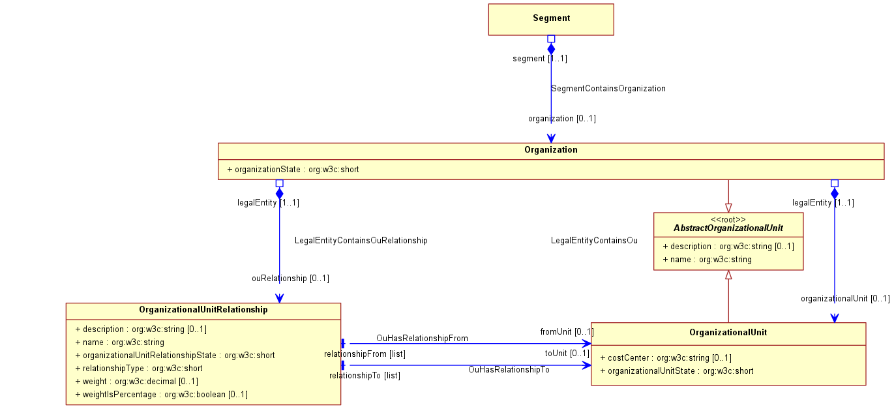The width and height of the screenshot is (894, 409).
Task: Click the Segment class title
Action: (551, 18)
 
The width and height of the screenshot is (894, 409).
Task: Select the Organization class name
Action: (551, 150)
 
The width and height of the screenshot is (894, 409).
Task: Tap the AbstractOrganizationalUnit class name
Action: (728, 228)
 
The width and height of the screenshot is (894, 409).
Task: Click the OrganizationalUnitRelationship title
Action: (203, 310)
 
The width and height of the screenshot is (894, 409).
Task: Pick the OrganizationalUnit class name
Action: (728, 332)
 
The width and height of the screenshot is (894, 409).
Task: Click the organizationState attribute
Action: (293, 170)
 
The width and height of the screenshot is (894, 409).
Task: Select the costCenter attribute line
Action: (666, 358)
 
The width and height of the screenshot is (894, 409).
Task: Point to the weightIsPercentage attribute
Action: (161, 395)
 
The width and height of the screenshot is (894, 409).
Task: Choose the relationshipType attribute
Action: (139, 369)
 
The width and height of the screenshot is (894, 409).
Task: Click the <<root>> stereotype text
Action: (728, 220)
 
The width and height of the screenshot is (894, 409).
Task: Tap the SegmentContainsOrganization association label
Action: (608, 89)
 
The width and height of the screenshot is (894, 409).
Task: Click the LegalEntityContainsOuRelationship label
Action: (361, 241)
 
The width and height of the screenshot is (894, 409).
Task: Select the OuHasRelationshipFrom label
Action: (422, 339)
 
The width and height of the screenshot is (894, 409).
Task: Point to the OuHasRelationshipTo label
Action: (509, 370)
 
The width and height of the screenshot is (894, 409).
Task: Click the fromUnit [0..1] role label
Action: (567, 332)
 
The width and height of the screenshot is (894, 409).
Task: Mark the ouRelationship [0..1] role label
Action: (291, 279)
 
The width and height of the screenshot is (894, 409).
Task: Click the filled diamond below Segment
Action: (551, 49)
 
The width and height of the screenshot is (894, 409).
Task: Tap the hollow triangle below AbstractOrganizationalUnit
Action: (728, 275)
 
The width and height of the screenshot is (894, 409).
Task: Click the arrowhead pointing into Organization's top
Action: (551, 138)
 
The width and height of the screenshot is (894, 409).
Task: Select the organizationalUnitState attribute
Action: (676, 371)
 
